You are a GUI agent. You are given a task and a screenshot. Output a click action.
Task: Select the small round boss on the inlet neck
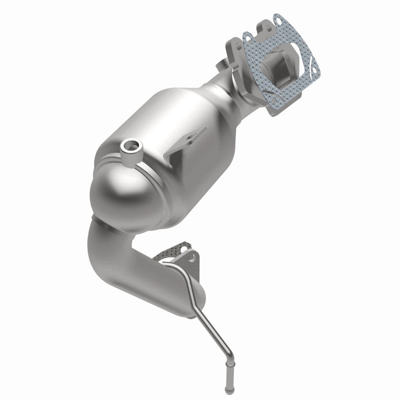220,64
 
